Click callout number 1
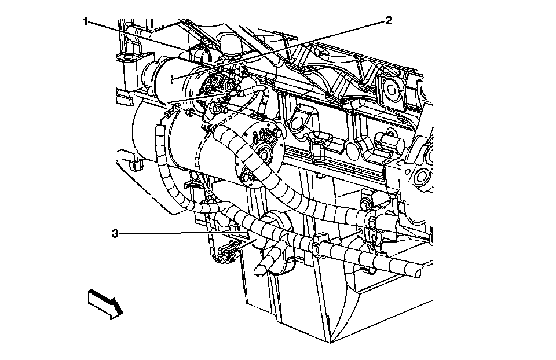click(x=86, y=22)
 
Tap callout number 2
click(x=389, y=21)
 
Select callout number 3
click(x=115, y=234)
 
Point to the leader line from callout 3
click(x=174, y=233)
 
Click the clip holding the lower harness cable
click(x=317, y=244)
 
